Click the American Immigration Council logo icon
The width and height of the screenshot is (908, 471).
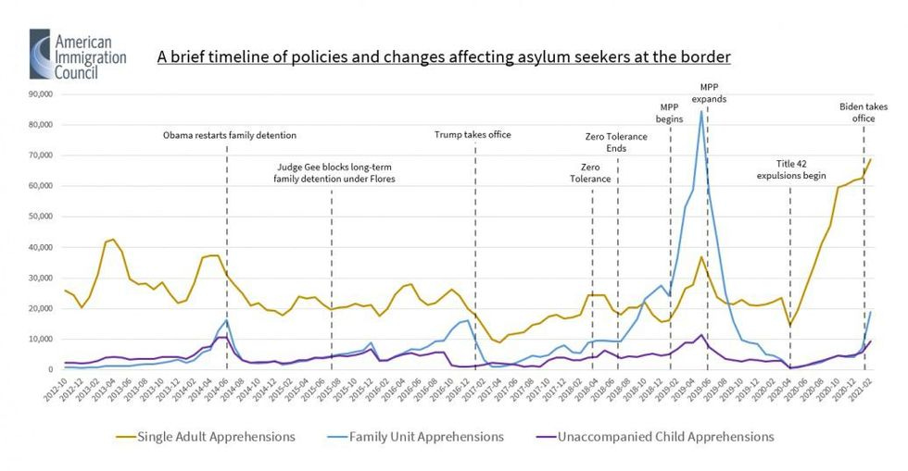(x=41, y=54)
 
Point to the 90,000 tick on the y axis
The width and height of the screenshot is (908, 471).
(x=44, y=94)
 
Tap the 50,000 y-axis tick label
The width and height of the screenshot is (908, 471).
(x=44, y=217)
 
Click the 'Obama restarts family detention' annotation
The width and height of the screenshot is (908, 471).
(x=230, y=135)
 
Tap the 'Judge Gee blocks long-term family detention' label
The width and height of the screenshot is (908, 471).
(x=334, y=173)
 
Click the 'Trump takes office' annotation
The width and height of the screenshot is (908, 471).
(x=473, y=135)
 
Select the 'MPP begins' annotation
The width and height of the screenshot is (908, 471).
(x=670, y=112)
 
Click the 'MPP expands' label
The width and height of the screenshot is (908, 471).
(x=711, y=93)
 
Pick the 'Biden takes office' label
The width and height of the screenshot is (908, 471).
(x=864, y=112)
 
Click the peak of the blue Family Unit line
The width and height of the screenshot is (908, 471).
(x=701, y=111)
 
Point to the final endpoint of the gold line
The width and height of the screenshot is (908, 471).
(x=871, y=159)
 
